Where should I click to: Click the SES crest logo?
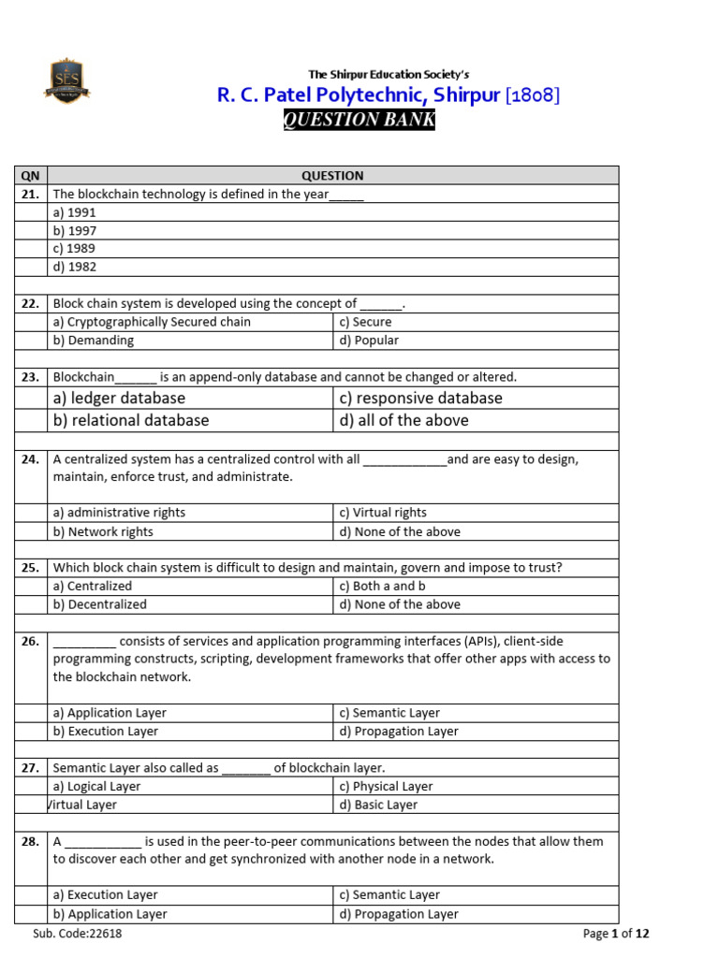click(x=66, y=81)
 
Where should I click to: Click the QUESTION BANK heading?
click(x=359, y=120)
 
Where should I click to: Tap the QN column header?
click(x=30, y=175)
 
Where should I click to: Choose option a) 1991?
click(x=75, y=212)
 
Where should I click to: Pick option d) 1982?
click(x=75, y=267)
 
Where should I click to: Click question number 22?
click(x=30, y=303)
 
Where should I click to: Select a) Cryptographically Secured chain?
click(x=152, y=322)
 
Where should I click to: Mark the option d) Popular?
click(x=369, y=341)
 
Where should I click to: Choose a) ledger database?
click(x=119, y=398)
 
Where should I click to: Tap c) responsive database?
click(x=420, y=398)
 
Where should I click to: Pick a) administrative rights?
click(x=119, y=513)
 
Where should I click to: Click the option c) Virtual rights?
click(x=383, y=513)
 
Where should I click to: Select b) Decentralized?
click(x=100, y=604)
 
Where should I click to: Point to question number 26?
click(x=30, y=641)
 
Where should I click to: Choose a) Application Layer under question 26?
click(x=110, y=713)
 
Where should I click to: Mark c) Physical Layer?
click(x=387, y=787)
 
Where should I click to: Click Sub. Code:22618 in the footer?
click(x=78, y=933)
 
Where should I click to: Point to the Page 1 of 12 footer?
click(x=615, y=933)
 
